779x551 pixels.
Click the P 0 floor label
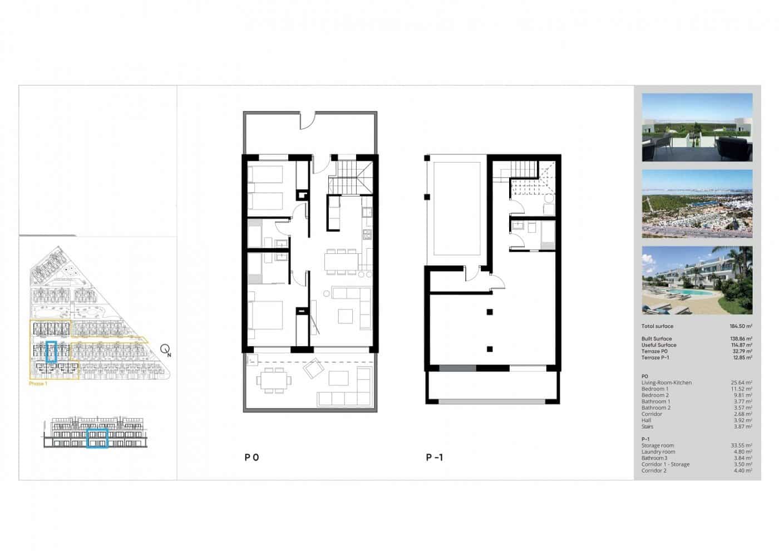point(252,457)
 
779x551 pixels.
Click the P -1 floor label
point(435,457)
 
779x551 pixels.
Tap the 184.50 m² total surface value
point(741,326)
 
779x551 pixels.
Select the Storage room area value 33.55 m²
point(741,445)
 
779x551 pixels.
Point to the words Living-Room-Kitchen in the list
point(667,383)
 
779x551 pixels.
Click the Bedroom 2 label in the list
point(655,395)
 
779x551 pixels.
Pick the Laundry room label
point(658,452)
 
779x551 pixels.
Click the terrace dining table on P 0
point(273,382)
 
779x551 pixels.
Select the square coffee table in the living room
point(346,316)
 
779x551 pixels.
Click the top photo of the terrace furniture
point(697,127)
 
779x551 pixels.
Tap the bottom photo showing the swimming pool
point(697,281)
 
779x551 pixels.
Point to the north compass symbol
point(165,350)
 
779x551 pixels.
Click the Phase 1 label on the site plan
point(38,384)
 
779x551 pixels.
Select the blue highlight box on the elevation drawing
point(97,438)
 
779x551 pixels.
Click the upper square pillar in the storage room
point(489,312)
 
